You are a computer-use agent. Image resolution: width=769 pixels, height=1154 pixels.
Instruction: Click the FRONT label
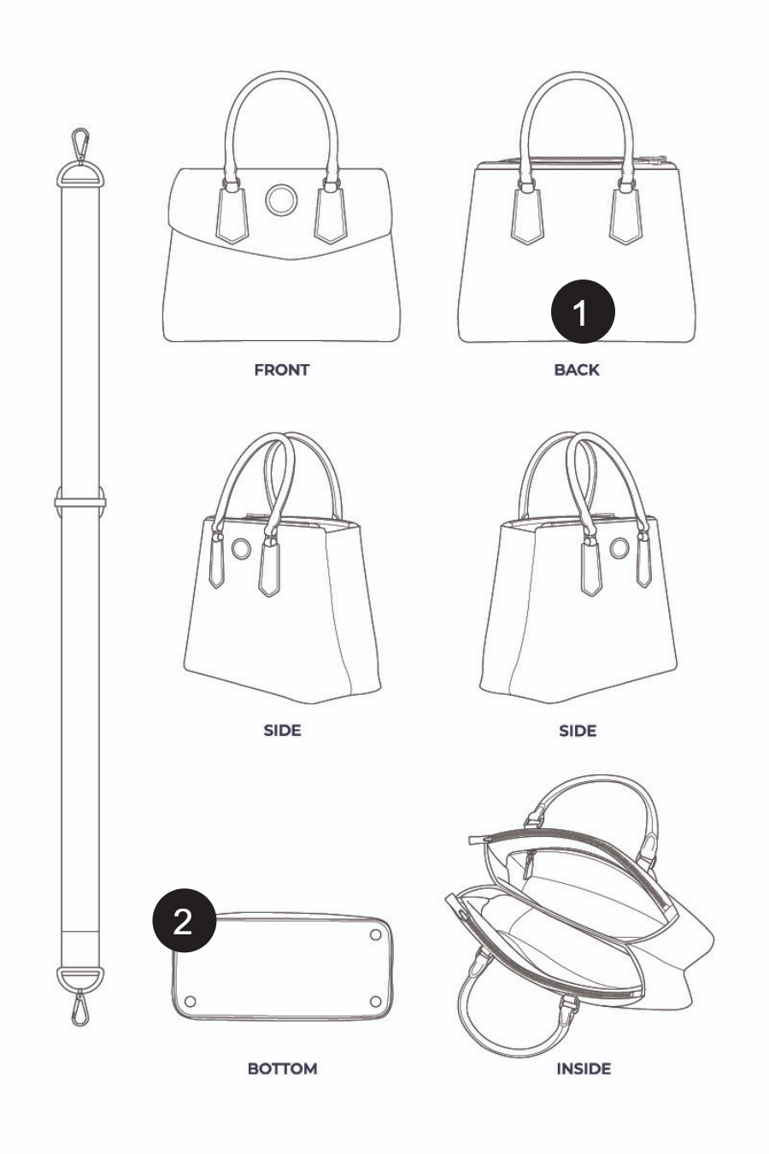[282, 370]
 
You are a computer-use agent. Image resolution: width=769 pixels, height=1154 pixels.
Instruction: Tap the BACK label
[577, 370]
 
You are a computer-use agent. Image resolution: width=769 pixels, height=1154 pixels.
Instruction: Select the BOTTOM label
[282, 1069]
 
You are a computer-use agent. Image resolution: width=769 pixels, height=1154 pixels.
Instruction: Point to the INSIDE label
[584, 1069]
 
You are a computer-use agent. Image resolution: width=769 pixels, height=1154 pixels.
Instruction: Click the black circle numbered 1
[583, 311]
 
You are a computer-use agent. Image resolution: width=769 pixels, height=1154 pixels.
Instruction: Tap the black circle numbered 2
[184, 920]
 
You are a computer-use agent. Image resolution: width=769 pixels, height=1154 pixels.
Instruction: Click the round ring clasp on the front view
[281, 199]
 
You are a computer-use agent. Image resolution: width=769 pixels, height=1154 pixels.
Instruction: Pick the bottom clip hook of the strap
[79, 1009]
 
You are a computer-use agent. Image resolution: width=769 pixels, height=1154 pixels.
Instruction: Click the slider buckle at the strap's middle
[80, 501]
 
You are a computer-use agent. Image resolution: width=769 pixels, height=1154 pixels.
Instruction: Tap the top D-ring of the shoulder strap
[80, 174]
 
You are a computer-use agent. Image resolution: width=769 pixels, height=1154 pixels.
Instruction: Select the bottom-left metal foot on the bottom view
[190, 1002]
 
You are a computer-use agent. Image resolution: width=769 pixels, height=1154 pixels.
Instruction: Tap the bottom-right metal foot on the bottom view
[375, 1002]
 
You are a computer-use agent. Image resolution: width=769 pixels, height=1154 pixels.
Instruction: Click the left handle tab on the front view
[232, 215]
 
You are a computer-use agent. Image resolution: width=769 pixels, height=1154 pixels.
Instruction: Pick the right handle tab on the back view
[625, 215]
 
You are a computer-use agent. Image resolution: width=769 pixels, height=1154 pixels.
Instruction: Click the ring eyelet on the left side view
[241, 549]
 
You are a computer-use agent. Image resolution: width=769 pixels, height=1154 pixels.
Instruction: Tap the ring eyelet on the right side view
[619, 548]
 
